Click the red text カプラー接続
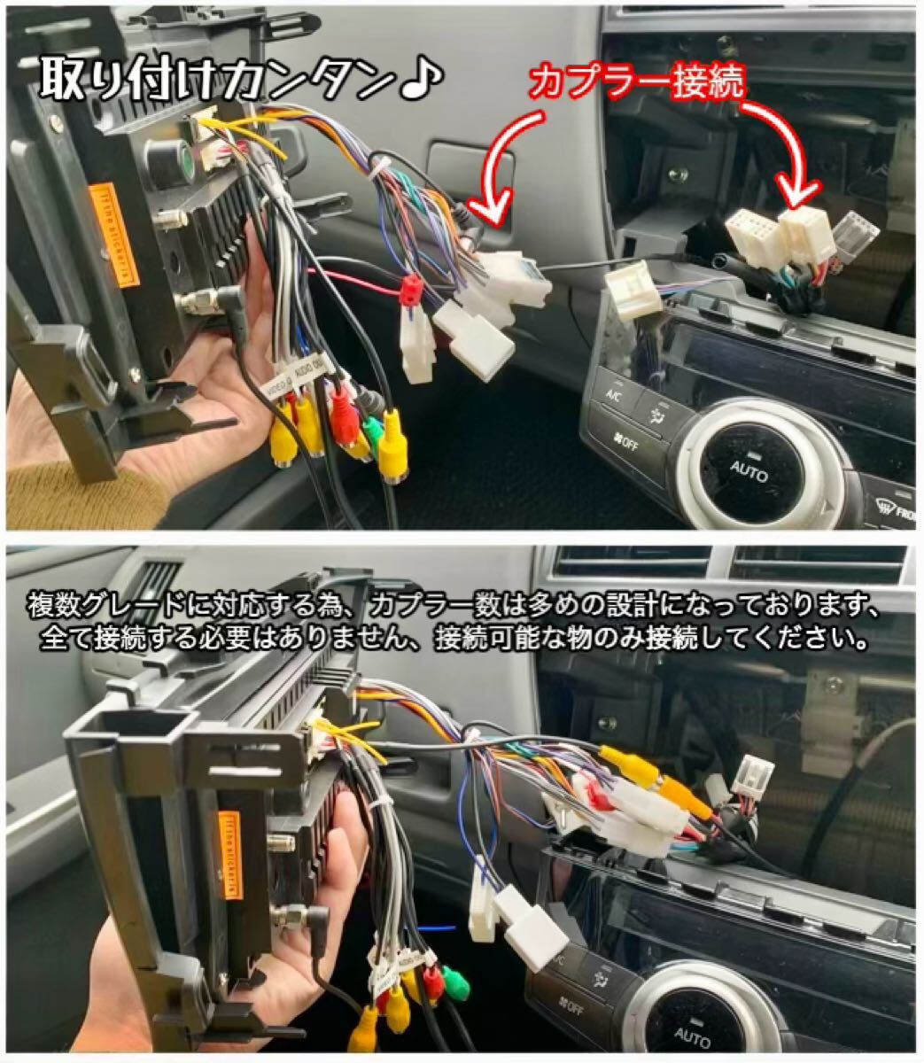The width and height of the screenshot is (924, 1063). [636, 84]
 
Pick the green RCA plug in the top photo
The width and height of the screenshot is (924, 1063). [373, 429]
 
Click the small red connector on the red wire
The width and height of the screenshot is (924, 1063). [409, 290]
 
